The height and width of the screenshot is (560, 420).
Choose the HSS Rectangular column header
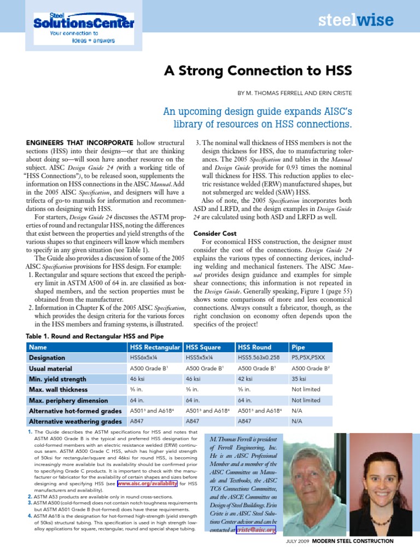(x=155, y=347)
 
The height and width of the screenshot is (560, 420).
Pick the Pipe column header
(x=299, y=347)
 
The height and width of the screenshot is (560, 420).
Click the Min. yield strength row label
(x=58, y=379)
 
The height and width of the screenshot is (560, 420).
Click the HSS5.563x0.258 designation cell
(x=260, y=358)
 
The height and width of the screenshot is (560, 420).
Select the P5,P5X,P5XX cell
(x=308, y=358)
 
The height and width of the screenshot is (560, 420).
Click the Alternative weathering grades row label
(x=75, y=421)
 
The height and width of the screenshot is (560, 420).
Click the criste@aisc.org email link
(x=256, y=530)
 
